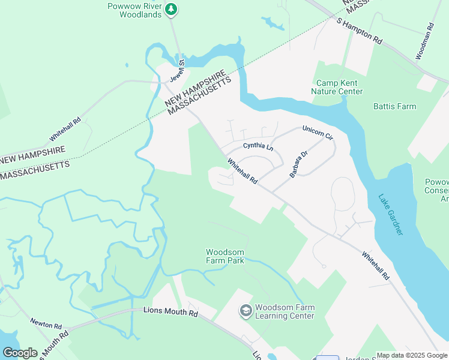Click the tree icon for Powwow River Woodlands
coord(172,8)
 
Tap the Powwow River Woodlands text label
coord(135,10)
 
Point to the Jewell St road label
coord(176,70)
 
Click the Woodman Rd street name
coord(424,42)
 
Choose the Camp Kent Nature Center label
coord(337,87)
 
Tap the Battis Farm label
coord(394,107)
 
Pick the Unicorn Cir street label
coord(318,133)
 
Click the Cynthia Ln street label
coord(258,146)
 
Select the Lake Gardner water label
coord(391,214)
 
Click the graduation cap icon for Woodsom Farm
coord(245,310)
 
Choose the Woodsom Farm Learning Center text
coord(285,312)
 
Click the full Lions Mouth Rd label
coord(170,313)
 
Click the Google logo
coord(19,353)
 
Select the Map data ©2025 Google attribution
coord(411,355)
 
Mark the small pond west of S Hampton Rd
coord(273,23)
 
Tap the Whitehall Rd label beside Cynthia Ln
coord(243,171)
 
